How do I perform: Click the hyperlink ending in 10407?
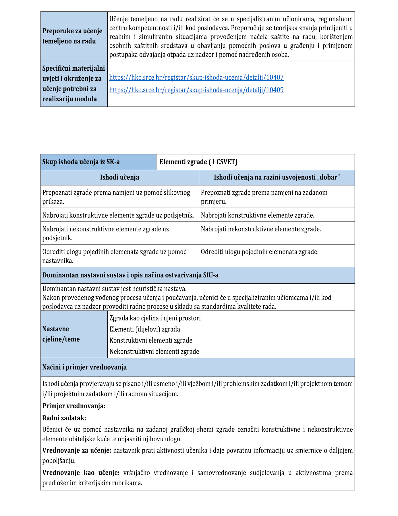point(196,78)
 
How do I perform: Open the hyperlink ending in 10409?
point(196,90)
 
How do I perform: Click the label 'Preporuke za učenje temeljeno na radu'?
point(72,36)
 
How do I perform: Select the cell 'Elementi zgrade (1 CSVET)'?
point(198,162)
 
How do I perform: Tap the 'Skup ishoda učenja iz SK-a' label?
point(81,162)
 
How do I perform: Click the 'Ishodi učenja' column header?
point(119,177)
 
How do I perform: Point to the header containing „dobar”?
point(277,177)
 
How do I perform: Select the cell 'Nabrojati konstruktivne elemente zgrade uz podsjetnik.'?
point(118,215)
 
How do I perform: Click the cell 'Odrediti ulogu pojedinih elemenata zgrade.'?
point(260,252)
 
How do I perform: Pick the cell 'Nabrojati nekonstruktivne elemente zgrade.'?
point(261,229)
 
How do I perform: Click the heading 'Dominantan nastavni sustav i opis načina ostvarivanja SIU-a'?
point(130,275)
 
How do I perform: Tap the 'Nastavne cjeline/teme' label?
point(61,334)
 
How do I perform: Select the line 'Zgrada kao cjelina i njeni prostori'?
point(155,318)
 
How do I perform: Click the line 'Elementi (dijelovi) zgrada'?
point(145,329)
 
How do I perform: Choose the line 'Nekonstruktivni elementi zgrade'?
point(154,352)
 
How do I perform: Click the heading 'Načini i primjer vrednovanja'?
point(84,367)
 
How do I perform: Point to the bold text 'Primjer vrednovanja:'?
point(74,406)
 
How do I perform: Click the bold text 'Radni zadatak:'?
point(64,418)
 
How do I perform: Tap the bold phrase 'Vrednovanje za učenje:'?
point(77,451)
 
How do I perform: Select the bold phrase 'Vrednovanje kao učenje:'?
point(81,473)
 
